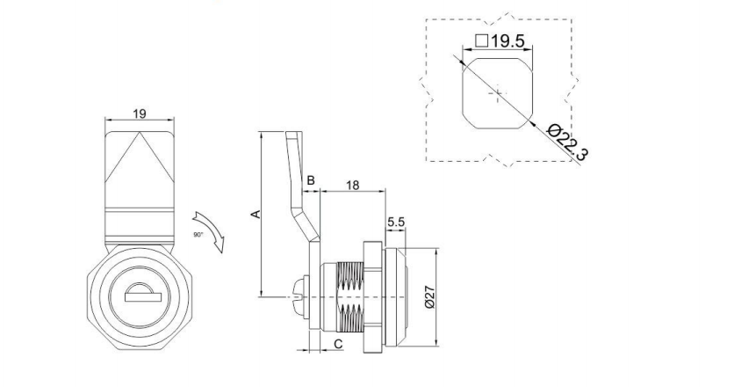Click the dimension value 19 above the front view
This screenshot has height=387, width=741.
point(139,113)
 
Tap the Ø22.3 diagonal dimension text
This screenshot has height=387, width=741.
point(567,142)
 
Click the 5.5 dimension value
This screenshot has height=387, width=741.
point(395,223)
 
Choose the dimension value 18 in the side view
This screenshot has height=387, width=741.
point(352,185)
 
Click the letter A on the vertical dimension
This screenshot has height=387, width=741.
point(255,214)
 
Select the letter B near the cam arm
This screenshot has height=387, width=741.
point(310,180)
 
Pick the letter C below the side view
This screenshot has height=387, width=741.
point(338,344)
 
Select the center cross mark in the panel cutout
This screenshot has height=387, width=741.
point(498,92)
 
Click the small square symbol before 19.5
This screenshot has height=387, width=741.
point(481,40)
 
